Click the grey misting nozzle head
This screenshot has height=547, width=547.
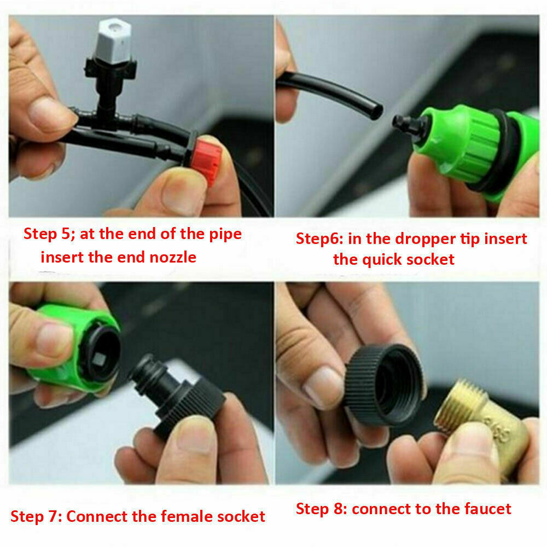tap(113, 41)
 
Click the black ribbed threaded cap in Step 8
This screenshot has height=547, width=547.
tap(384, 385)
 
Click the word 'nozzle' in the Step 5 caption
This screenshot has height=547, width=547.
tap(173, 258)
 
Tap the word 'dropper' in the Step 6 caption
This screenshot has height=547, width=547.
tap(425, 240)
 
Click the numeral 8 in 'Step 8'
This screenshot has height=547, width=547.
tap(339, 509)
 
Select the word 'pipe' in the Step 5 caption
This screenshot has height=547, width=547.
tap(225, 235)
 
